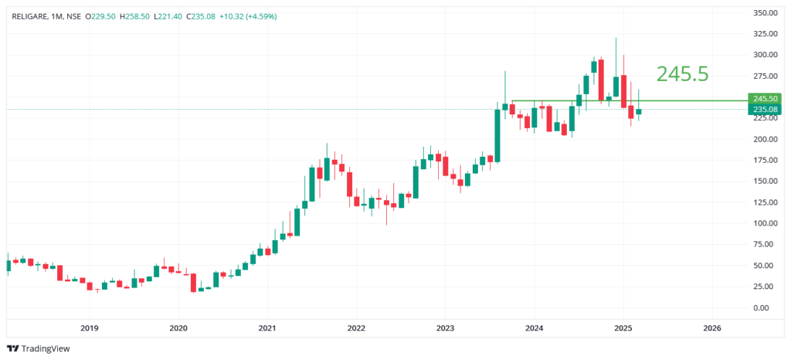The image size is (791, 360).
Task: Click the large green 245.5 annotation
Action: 682,74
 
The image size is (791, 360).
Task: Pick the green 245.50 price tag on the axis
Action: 764,99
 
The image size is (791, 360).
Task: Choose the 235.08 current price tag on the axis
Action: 764,110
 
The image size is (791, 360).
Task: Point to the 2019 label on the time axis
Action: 90,328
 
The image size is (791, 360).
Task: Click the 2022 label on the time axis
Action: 356,328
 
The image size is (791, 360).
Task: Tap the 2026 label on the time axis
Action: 712,328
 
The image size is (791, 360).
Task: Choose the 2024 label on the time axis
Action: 535,328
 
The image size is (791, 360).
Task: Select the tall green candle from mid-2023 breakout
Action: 497,135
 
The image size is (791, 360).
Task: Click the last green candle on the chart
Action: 638,111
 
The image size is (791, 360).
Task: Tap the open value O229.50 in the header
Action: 100,16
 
